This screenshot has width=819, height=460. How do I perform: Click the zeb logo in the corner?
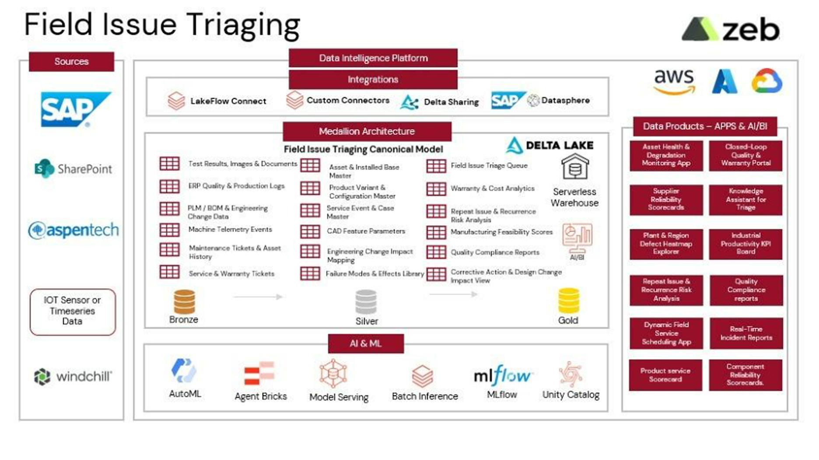[731, 30]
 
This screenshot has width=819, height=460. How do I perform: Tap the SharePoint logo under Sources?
[73, 169]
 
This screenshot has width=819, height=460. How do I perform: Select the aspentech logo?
[73, 230]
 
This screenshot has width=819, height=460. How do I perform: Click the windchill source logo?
[73, 376]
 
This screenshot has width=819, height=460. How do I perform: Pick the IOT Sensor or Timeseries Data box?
[73, 311]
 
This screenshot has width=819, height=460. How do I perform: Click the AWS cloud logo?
[674, 81]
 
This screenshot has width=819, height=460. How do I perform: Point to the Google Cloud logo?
[767, 81]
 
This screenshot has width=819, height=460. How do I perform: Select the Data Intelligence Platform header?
[373, 58]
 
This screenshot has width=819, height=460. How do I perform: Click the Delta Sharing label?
[451, 102]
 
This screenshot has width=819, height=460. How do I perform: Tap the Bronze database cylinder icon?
[184, 302]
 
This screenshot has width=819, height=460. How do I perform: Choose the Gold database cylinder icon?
[569, 301]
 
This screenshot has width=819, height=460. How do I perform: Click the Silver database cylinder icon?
[366, 302]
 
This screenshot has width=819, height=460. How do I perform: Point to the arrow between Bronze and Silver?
[258, 297]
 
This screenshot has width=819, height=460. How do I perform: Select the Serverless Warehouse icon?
[575, 167]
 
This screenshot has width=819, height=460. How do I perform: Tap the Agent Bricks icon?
[259, 373]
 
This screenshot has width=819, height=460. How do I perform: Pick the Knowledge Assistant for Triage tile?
[745, 199]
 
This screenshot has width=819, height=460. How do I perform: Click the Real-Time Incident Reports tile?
[746, 333]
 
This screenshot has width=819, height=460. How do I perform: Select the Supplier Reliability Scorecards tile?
[666, 199]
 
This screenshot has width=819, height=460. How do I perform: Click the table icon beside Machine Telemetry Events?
[169, 230]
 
